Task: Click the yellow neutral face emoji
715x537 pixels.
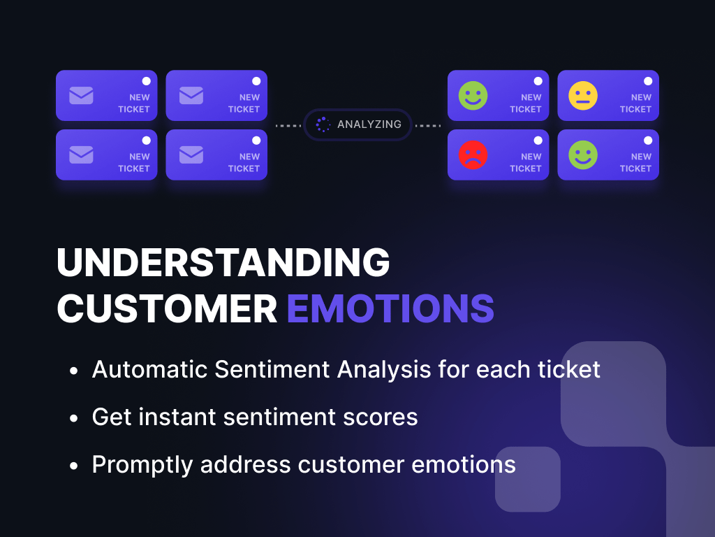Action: [x=582, y=96]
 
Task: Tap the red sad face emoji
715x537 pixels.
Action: [x=473, y=155]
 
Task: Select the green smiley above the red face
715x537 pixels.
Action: [x=473, y=96]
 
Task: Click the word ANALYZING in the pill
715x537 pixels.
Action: [x=369, y=124]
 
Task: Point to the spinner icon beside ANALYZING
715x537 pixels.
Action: [x=323, y=124]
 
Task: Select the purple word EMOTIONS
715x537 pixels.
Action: [x=390, y=308]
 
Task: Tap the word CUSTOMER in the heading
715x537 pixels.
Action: [x=167, y=308]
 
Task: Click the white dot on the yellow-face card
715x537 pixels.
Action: [x=647, y=81]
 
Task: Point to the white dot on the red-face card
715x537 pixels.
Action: [x=538, y=141]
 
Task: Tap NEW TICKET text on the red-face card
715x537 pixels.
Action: [x=527, y=162]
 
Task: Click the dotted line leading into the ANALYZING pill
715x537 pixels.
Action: [x=288, y=126]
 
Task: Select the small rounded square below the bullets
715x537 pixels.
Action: [x=528, y=479]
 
